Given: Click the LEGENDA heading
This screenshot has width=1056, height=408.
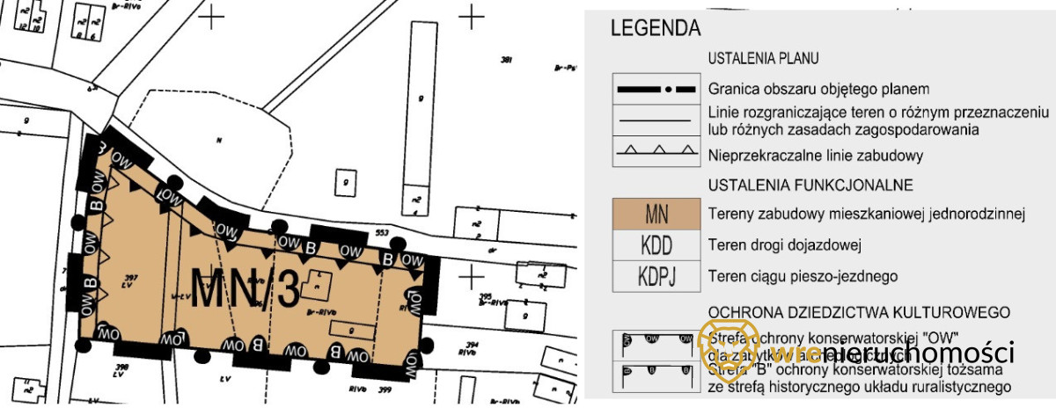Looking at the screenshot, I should pyautogui.click(x=656, y=28).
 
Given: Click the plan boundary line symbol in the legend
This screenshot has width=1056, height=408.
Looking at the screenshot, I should pyautogui.click(x=656, y=90).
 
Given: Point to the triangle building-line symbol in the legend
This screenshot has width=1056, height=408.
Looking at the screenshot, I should pyautogui.click(x=656, y=151).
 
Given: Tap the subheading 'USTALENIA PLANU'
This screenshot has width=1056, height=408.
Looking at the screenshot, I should pyautogui.click(x=763, y=59).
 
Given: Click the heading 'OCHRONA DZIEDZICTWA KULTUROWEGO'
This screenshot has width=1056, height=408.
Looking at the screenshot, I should pyautogui.click(x=858, y=312).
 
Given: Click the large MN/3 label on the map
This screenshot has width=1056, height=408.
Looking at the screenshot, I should pyautogui.click(x=246, y=291).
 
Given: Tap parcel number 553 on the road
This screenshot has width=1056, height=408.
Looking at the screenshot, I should pyautogui.click(x=382, y=232).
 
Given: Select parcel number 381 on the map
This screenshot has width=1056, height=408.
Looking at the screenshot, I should pyautogui.click(x=506, y=60).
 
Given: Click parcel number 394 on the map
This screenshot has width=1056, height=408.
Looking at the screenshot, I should pyautogui.click(x=496, y=345).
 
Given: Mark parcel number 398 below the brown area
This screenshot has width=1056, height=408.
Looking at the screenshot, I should pyautogui.click(x=121, y=367).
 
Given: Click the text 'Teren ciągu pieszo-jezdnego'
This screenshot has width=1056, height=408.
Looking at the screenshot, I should pyautogui.click(x=803, y=276).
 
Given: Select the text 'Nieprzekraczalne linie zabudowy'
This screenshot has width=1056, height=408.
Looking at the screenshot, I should pyautogui.click(x=815, y=157).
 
